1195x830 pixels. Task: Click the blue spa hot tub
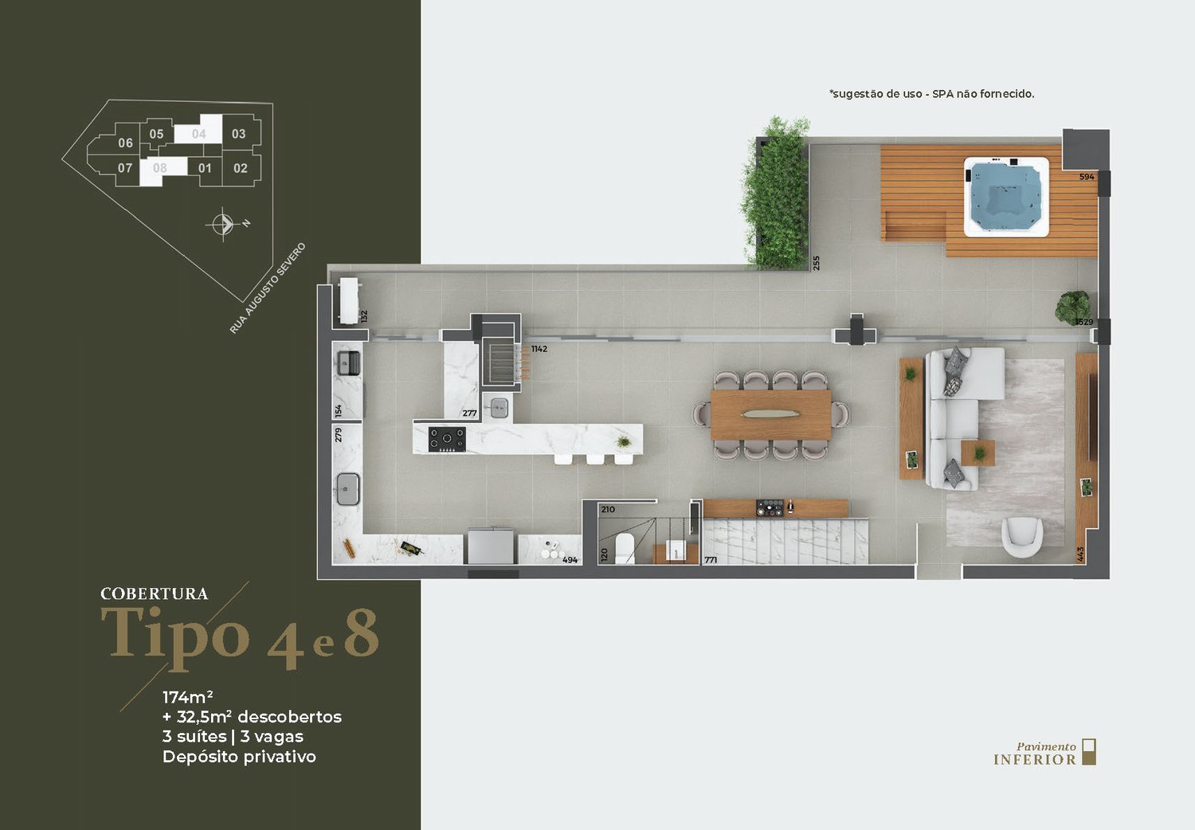pos(1006,196)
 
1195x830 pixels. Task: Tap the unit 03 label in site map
pos(238,134)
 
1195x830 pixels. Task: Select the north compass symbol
pos(223,224)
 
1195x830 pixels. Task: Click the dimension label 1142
pos(539,349)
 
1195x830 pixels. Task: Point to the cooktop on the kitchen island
pos(446,439)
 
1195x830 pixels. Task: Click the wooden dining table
pos(771,415)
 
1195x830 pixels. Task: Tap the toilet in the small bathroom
pos(625,548)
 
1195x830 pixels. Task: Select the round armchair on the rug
pos(1021,538)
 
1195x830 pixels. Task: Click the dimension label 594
pos(1087,177)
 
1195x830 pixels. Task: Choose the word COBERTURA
pos(155,593)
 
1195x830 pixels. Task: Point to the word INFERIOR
pos(1034,760)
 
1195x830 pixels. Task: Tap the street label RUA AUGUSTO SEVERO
pos(268,288)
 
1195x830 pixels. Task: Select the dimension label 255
pos(816,263)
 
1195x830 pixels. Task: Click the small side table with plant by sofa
pos(978,453)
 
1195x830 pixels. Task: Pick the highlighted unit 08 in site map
pos(163,170)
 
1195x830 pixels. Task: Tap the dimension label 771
pos(711,560)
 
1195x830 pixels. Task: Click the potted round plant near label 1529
pos(1072,306)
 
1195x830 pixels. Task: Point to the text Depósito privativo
pos(239,757)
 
